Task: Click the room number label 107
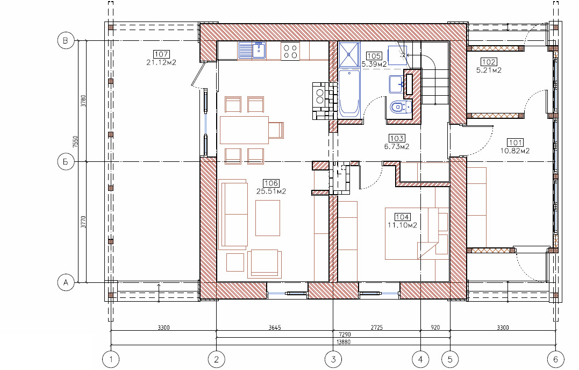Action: tap(161, 54)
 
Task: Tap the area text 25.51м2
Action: tap(271, 191)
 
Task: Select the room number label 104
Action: tap(402, 217)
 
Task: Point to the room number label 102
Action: tap(489, 62)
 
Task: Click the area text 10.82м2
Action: tap(515, 151)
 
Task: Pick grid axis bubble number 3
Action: tap(333, 359)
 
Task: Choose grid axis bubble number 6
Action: tap(556, 359)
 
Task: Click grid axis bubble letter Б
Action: tap(66, 162)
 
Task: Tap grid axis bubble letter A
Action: tap(66, 283)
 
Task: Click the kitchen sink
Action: tap(252, 51)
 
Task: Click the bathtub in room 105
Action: tap(349, 94)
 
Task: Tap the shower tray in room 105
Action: tap(349, 54)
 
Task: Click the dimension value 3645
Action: tap(275, 328)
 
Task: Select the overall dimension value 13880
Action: tap(344, 342)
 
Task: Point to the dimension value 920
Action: tap(435, 328)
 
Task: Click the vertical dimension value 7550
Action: tap(76, 142)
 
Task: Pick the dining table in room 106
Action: tap(244, 130)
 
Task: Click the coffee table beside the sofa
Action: tap(268, 218)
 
